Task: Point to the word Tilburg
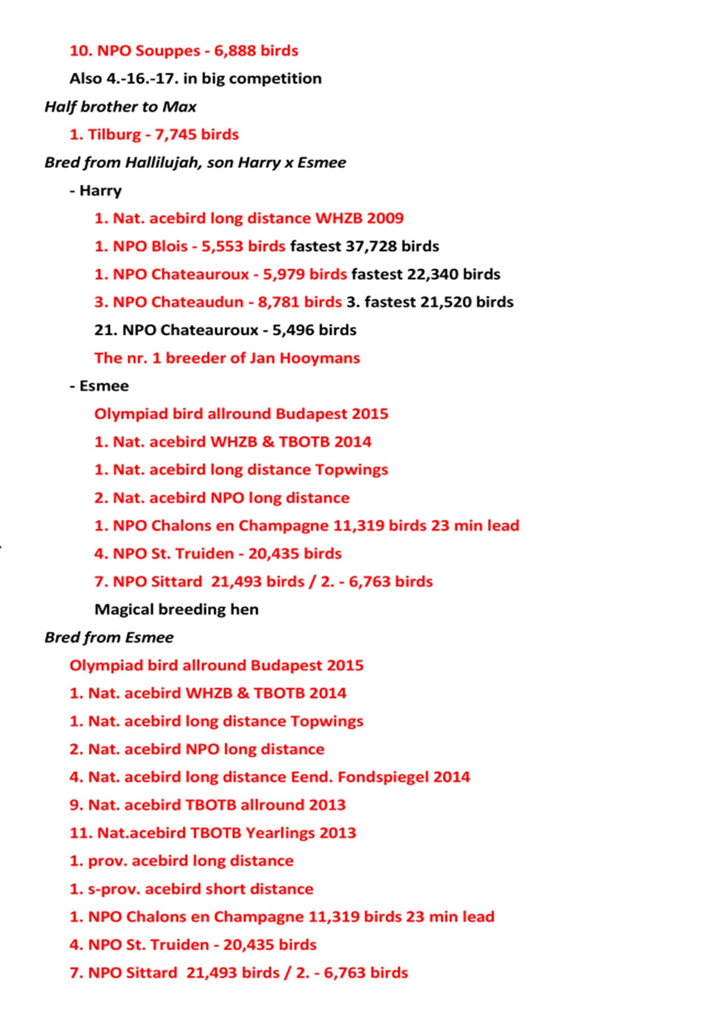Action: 114,135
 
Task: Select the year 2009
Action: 385,218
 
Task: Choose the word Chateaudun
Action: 197,302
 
